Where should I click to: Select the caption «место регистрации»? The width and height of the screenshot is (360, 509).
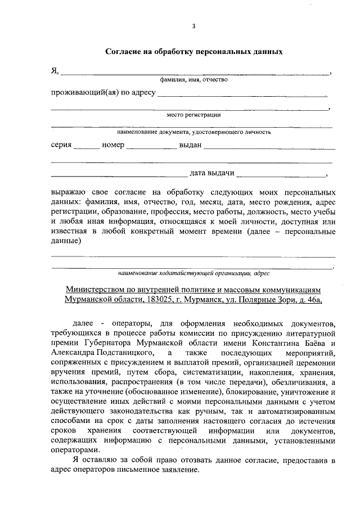pyautogui.click(x=193, y=115)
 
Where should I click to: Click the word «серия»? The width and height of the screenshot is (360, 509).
pyautogui.click(x=61, y=145)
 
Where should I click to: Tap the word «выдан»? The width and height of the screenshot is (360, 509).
pyautogui.click(x=190, y=145)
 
